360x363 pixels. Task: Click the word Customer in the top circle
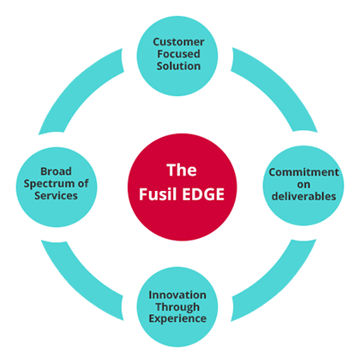(178, 42)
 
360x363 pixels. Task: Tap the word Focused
(178, 54)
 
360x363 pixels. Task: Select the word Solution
(178, 66)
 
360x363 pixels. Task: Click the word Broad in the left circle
(56, 171)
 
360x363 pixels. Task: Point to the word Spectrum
(48, 184)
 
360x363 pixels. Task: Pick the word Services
(56, 195)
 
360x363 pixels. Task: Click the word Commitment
(303, 172)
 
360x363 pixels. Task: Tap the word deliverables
(303, 196)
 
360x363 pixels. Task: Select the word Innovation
(177, 295)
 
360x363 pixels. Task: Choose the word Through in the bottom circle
(177, 307)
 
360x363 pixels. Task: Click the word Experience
(177, 318)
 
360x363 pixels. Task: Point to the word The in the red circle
(182, 170)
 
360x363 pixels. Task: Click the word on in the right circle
(303, 185)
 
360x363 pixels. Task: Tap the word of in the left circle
(83, 183)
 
